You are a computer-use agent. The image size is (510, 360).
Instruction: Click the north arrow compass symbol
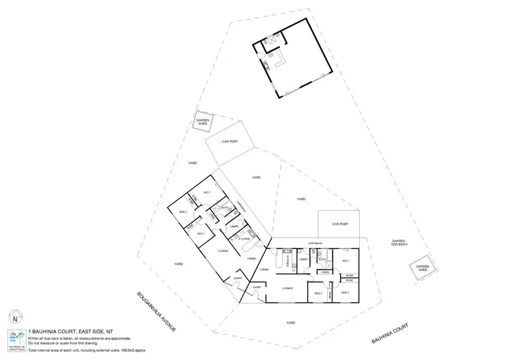(x=14, y=317)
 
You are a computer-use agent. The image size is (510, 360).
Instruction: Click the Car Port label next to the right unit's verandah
(x=340, y=223)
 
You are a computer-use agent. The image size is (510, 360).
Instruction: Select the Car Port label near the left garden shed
(x=229, y=142)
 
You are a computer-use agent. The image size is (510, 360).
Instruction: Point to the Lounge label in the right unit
(x=287, y=288)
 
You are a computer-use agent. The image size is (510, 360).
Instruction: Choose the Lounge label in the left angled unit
(x=222, y=251)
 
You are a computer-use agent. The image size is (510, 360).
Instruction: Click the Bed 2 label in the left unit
(x=183, y=212)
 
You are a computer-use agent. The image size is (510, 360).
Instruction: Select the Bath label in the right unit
(x=324, y=259)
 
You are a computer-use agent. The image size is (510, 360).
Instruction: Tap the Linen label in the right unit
(x=326, y=272)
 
